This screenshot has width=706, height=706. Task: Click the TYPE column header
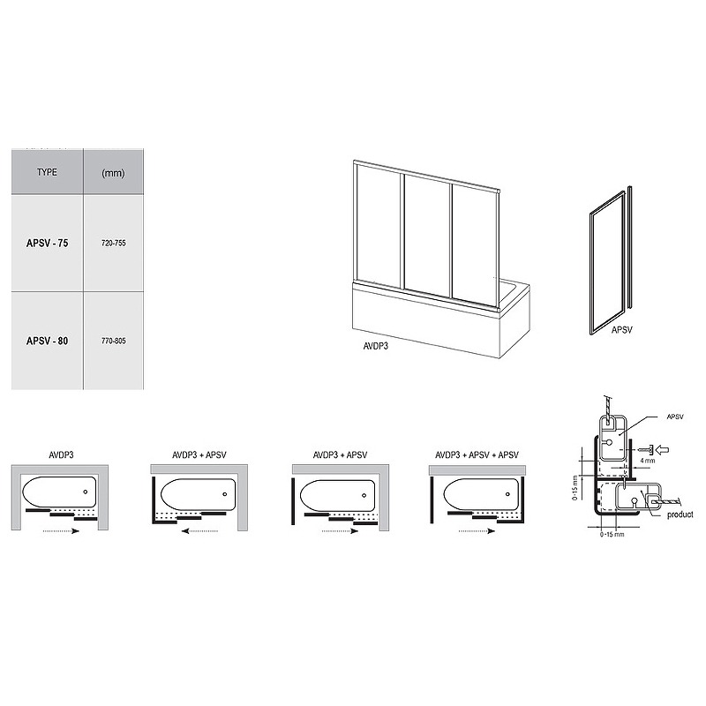47,172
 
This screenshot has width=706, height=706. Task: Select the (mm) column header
113,173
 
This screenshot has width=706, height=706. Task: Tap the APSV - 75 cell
48,244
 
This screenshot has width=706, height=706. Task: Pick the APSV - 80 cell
48,341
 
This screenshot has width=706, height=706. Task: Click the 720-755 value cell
114,244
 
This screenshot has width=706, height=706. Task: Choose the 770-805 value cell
114,341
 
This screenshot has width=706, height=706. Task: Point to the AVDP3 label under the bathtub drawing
376,346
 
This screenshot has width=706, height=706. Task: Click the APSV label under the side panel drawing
622,330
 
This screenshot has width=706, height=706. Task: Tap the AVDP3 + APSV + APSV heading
477,454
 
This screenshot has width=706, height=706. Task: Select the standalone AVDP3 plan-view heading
61,454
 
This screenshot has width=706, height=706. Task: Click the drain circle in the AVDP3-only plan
86,492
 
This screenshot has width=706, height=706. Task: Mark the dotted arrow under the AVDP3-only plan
61,531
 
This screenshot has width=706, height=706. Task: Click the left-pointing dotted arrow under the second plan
199,531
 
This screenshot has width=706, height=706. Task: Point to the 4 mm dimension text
647,461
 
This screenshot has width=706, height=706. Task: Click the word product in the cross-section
680,514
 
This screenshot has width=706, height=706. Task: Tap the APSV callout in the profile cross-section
675,417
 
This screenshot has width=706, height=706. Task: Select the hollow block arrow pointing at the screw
663,449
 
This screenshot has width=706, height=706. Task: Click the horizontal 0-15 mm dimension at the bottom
612,535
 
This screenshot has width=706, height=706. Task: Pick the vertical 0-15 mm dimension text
575,488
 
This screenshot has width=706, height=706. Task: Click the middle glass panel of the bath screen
427,235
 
